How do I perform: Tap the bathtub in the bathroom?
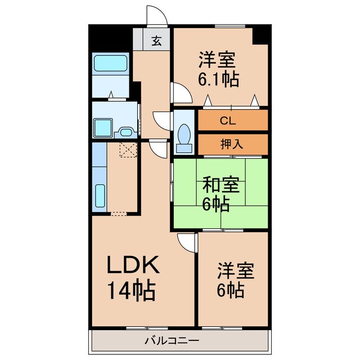110,65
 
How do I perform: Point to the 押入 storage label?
231,143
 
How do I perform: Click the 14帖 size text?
132,291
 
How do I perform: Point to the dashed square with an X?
129,150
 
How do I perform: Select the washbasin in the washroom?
125,132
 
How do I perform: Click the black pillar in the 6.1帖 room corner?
260,35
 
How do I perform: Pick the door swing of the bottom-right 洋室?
186,242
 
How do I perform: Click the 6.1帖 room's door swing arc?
181,93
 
